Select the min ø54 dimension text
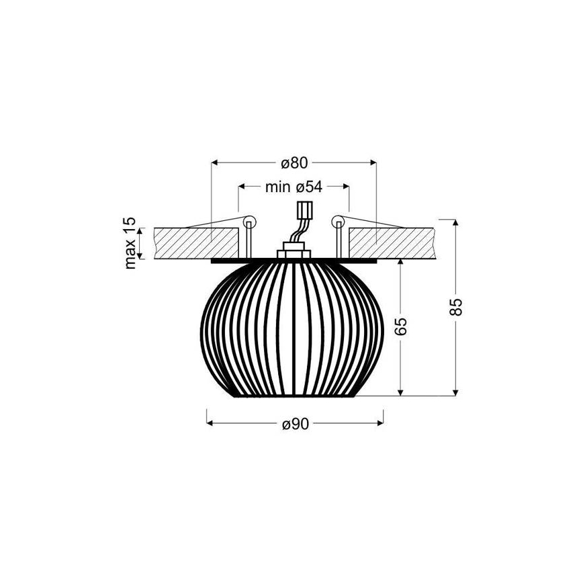294,187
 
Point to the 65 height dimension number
401,327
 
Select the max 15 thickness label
130,243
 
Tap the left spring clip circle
249,221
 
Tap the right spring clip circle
337,221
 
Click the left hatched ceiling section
197,242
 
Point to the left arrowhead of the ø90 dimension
210,423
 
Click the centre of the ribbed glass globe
293,329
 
